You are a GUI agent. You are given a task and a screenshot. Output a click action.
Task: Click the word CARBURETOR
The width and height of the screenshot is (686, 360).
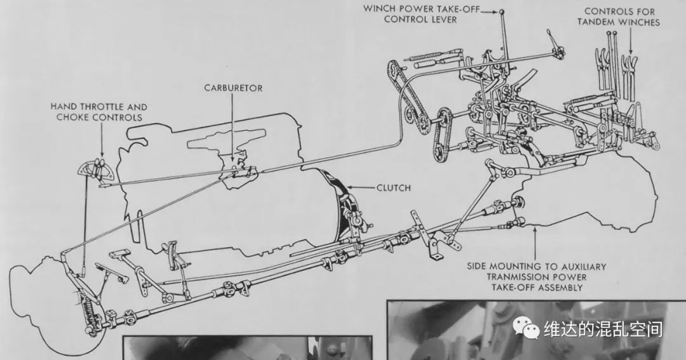(x=233, y=88)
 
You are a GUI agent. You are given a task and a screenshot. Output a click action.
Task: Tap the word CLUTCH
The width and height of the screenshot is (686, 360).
(x=394, y=188)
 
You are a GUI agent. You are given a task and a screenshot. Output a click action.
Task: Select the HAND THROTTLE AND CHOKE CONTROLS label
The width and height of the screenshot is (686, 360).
(x=99, y=112)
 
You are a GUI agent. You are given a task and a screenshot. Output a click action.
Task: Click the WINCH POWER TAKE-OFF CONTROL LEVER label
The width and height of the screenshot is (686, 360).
(x=421, y=15)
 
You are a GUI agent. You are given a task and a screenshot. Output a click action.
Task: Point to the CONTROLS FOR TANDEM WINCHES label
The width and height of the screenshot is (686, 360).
(x=619, y=17)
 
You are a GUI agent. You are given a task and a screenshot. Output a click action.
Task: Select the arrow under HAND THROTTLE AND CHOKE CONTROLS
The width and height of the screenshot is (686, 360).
(x=102, y=139)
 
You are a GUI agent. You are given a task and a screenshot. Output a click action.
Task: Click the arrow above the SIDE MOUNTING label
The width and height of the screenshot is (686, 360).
(x=535, y=243)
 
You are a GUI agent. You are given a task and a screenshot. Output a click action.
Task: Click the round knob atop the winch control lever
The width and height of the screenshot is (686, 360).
(x=502, y=12)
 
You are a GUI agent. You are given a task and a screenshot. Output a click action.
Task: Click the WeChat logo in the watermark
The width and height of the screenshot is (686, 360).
(x=527, y=328)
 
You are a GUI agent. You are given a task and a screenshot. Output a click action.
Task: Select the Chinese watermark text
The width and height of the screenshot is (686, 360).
(x=603, y=329)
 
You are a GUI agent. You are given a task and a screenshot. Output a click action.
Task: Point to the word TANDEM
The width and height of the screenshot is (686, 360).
(x=598, y=22)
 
